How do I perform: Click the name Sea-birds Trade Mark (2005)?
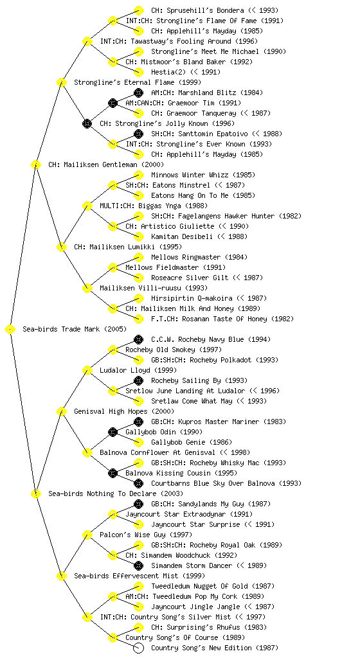75,329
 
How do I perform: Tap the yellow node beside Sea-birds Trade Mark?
10,329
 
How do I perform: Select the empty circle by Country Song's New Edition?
138,648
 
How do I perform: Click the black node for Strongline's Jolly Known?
87,123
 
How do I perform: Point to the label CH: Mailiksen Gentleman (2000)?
106,164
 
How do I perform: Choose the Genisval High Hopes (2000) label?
124,411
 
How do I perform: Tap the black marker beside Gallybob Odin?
113,432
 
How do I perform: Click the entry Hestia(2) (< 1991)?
185,72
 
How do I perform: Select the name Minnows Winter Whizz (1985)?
203,175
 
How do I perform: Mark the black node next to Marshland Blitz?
138,93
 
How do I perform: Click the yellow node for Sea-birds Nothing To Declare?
35,493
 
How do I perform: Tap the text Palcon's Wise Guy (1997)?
146,535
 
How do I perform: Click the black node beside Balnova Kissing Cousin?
113,473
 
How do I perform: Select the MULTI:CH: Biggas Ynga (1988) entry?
154,206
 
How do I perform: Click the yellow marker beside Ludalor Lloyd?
87,370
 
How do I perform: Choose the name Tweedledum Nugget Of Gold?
200,586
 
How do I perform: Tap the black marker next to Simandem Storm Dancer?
138,565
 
